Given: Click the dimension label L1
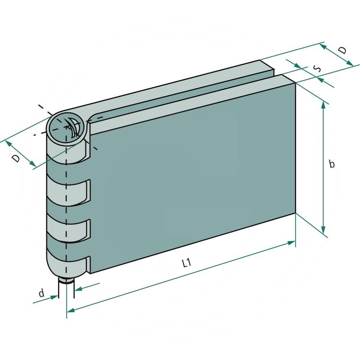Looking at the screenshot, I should pyautogui.click(x=187, y=264).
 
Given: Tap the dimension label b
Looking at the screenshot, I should pyautogui.click(x=332, y=164).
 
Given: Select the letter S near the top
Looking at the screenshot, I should pyautogui.click(x=317, y=69).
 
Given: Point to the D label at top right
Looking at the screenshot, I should pyautogui.click(x=343, y=50).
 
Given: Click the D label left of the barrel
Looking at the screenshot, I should pyautogui.click(x=16, y=158).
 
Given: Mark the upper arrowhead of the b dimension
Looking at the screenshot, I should pyautogui.click(x=323, y=104).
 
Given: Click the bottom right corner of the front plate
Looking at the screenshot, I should pyautogui.click(x=295, y=213).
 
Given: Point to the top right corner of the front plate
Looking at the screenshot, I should pyautogui.click(x=295, y=84).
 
